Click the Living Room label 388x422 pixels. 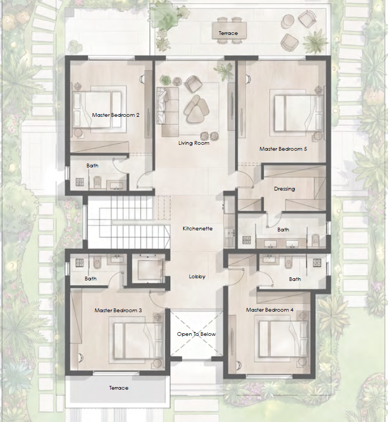point(193,143)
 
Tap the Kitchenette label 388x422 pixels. point(198,228)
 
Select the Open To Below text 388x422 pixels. point(197,334)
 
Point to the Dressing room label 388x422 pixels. point(284,189)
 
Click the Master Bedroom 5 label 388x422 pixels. point(283,149)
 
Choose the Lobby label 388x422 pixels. point(197,277)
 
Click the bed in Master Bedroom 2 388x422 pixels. point(97,109)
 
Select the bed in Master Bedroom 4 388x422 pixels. point(283,338)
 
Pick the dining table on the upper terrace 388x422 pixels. point(229,30)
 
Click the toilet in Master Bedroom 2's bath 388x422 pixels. point(97,182)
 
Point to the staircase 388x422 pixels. point(128,222)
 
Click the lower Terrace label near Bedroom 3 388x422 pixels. point(119,388)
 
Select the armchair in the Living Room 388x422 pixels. point(193,83)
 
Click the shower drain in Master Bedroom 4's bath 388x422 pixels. point(317,263)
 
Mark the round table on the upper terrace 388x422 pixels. point(288,21)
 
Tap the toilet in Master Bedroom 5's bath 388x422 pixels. point(315,240)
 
